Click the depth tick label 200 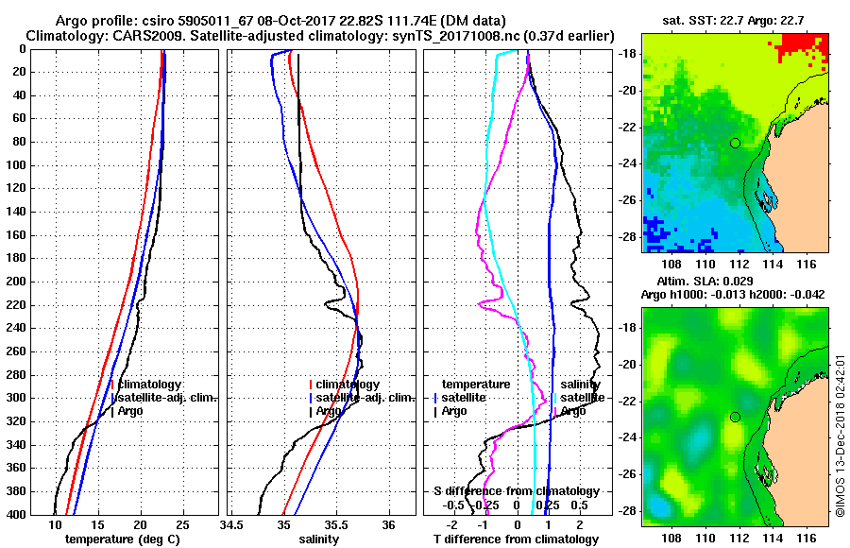(16, 282)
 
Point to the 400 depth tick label (16, 514)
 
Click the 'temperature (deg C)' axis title (122, 539)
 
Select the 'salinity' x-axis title (320, 539)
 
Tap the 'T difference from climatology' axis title (515, 539)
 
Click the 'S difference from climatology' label (516, 491)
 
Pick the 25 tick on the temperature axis (182, 525)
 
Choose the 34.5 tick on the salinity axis (231, 525)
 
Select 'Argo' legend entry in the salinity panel (329, 411)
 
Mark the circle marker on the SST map (735, 143)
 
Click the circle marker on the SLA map (735, 417)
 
